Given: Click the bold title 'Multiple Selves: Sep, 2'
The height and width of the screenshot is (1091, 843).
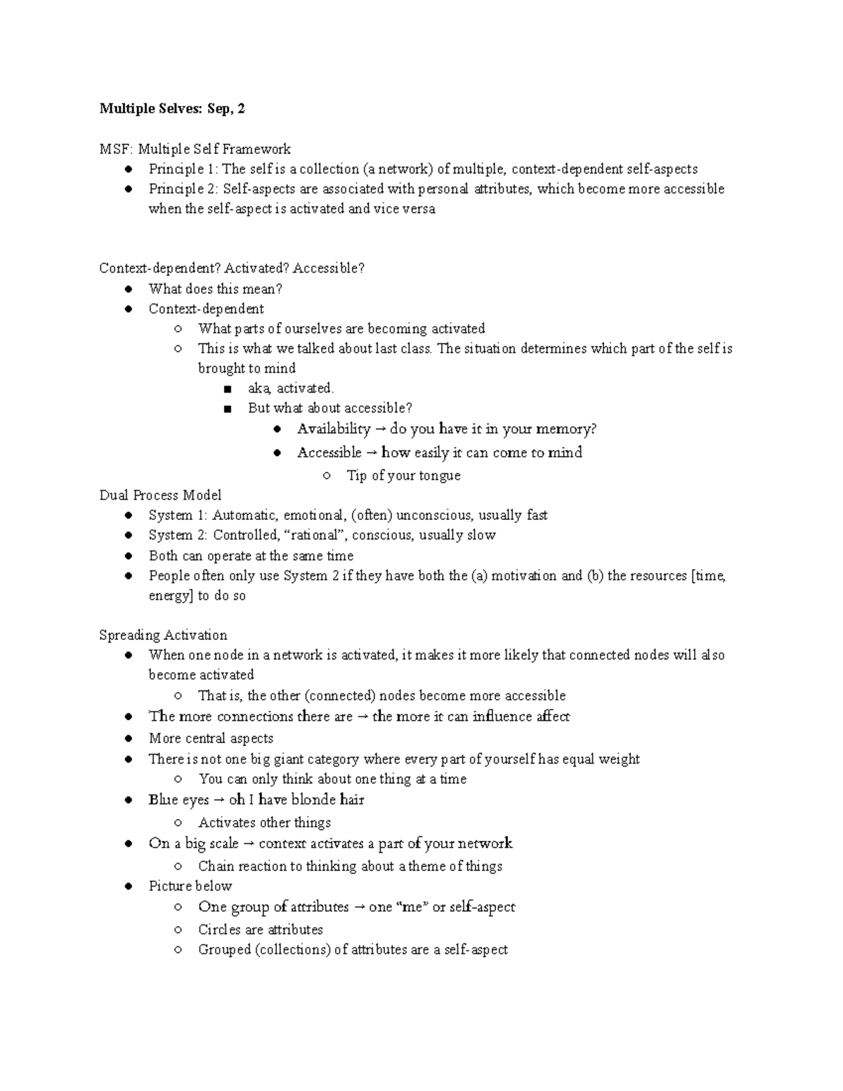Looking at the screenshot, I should click(x=172, y=108).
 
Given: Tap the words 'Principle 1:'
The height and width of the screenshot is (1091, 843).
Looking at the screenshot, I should click(x=183, y=169).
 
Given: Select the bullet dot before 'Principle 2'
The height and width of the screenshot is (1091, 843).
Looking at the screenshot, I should click(x=128, y=189).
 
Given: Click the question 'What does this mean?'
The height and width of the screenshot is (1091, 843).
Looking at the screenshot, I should click(x=215, y=289).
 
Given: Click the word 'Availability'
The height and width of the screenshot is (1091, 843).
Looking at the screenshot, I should click(x=333, y=429).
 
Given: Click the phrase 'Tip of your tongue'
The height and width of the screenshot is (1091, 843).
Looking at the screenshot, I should click(x=403, y=476).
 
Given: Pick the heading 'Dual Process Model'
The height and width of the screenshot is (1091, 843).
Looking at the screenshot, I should click(x=160, y=495).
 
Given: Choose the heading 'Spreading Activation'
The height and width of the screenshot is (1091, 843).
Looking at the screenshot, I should click(x=163, y=635).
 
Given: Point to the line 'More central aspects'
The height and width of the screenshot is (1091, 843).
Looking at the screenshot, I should click(x=211, y=738).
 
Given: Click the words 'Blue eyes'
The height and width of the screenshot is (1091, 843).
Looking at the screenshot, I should click(x=178, y=800).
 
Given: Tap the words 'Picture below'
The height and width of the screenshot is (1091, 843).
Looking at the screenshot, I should click(x=190, y=886).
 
